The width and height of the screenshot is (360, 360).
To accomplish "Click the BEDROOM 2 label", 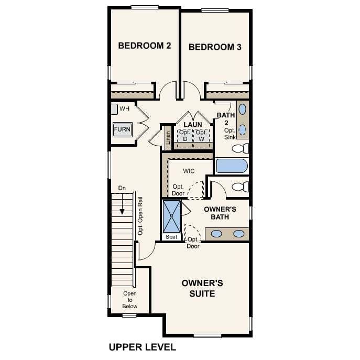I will (145, 46).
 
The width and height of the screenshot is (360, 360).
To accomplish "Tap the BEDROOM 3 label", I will (215, 47).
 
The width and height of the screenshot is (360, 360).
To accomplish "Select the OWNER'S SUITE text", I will (202, 288).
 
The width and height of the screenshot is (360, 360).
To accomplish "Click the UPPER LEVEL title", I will (142, 347).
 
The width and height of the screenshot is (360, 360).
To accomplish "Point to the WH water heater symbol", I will (114, 109).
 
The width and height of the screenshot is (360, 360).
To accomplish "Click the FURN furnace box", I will (122, 129).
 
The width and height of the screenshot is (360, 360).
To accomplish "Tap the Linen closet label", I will (168, 137).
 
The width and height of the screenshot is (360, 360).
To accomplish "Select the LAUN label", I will (193, 124).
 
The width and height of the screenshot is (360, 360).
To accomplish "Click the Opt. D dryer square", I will (184, 135).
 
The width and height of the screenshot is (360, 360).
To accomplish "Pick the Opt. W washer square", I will (202, 135).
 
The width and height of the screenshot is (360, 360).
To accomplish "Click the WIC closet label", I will (189, 171).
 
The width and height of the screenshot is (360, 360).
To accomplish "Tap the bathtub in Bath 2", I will (232, 166).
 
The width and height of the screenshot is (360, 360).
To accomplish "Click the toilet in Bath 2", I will (241, 148).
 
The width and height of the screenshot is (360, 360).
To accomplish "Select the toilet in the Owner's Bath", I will (240, 186).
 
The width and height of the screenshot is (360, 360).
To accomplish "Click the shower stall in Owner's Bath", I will (171, 216).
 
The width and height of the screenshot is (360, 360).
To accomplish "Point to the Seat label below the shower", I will (171, 237).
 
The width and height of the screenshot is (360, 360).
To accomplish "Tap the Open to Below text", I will (130, 300).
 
